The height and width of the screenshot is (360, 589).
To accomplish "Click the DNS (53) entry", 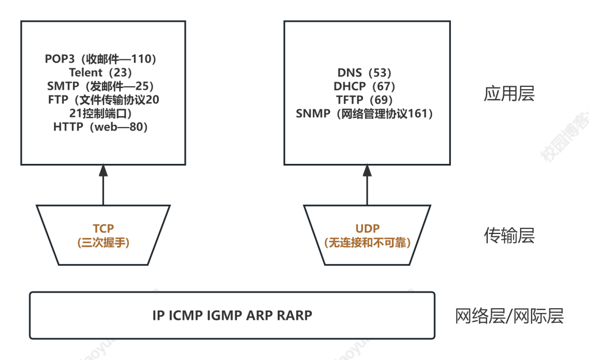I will coord(364,72).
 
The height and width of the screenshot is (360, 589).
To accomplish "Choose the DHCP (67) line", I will coord(364,86).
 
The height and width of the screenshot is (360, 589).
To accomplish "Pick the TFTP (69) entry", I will coord(364,100).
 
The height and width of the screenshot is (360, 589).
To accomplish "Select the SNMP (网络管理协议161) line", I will coord(364,114).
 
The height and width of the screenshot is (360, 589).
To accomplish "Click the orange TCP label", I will coord(104,228).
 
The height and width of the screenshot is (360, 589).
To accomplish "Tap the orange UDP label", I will coord(367,228).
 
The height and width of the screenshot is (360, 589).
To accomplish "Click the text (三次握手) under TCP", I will coord(104,243).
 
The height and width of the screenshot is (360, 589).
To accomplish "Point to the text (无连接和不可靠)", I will coord(367,243).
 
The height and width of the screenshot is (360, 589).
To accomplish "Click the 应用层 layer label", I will coord(509,94).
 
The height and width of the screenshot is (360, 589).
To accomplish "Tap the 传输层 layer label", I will coord(509,235).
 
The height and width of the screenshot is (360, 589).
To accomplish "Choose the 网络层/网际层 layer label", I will coord(509,316).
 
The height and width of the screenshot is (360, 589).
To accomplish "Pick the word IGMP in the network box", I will coord(224,315).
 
